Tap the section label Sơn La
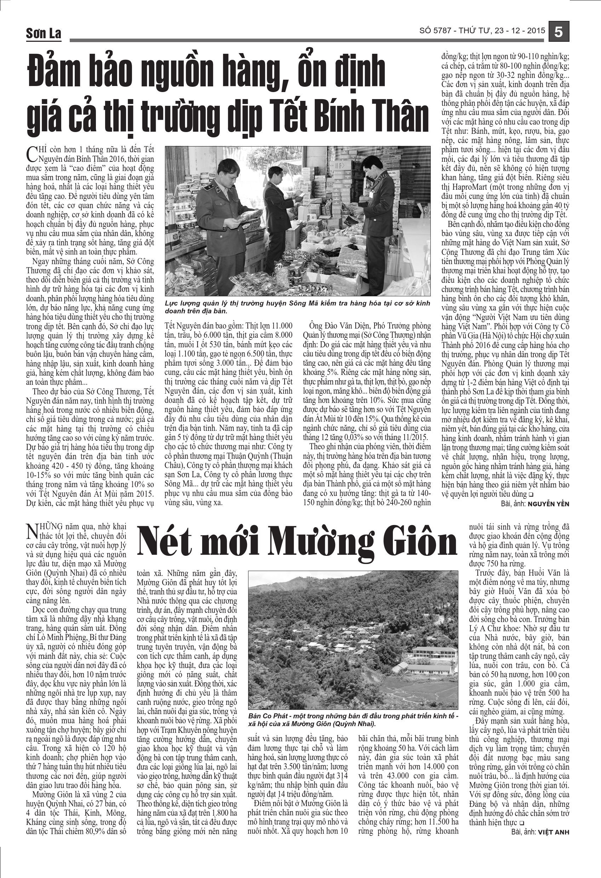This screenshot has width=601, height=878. (x=44, y=34)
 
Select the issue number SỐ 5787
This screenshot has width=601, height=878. (x=435, y=30)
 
